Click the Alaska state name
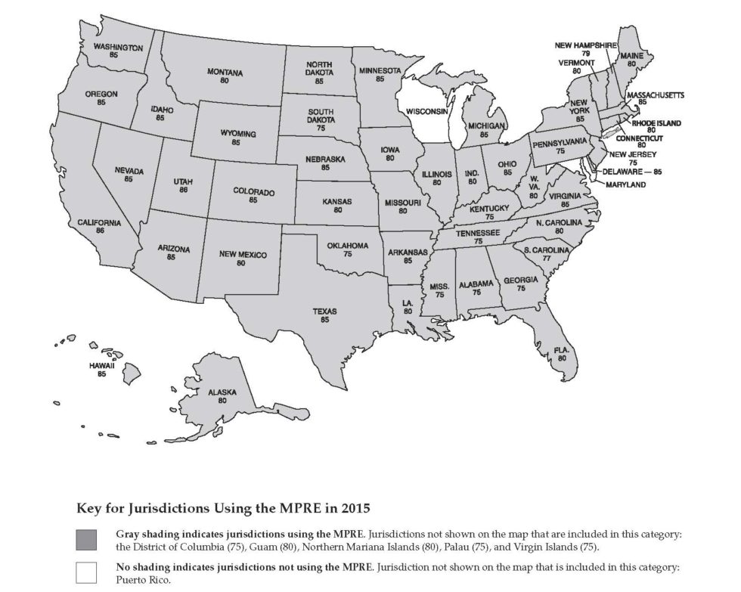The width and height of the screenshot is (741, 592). [x=222, y=392]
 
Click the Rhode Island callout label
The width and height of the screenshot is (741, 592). [x=656, y=122]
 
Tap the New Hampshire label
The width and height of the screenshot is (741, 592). [x=587, y=45]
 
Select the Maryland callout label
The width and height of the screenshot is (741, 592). [x=625, y=184]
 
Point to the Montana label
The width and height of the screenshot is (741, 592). [x=225, y=73]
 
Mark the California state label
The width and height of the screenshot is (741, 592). [x=99, y=222]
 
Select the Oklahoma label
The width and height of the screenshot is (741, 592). [x=347, y=246]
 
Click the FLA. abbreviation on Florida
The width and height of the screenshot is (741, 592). [x=561, y=350]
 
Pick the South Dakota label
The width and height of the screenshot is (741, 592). [x=321, y=116]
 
